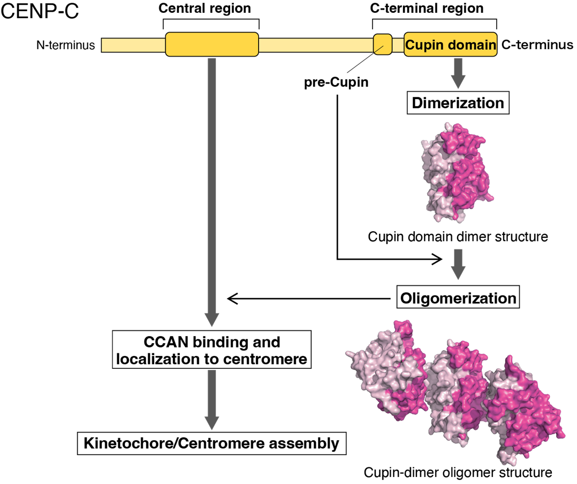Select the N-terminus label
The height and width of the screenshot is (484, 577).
tap(66, 46)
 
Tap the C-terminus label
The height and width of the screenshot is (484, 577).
tap(537, 45)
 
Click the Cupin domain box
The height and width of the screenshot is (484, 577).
tap(450, 46)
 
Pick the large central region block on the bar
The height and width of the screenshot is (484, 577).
tap(212, 44)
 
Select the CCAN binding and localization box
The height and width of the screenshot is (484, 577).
tap(212, 350)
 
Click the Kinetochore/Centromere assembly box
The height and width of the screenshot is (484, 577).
tap(212, 443)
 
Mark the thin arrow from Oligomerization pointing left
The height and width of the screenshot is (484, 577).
tap(308, 298)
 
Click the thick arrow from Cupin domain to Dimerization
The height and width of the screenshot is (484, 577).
tap(457, 74)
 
